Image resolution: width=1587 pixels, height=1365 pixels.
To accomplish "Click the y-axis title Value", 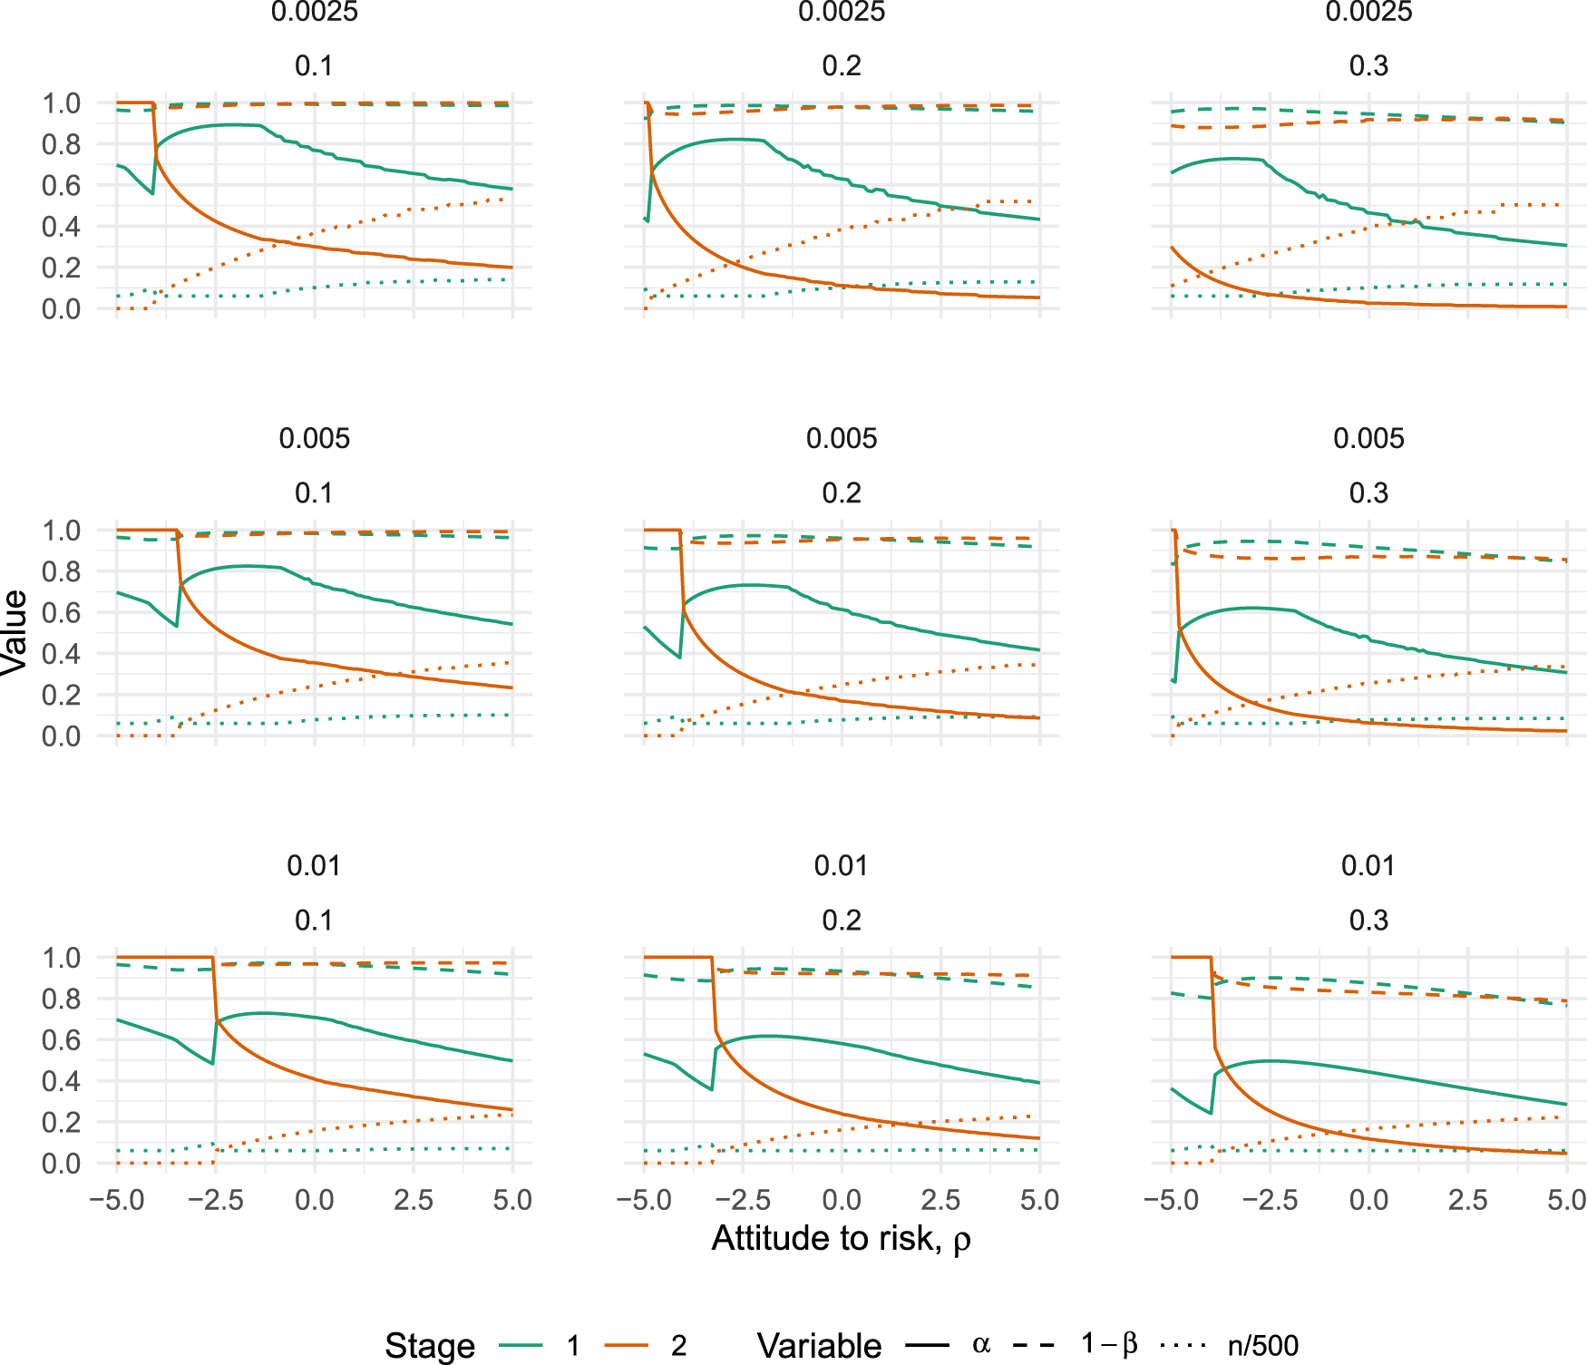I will pos(15,632).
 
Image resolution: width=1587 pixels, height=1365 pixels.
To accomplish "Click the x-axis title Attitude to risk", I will pos(841,1239).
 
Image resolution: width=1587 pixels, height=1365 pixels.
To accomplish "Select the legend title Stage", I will pos(430,1346).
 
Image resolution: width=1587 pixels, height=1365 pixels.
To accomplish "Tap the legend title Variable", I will pos(819,1346).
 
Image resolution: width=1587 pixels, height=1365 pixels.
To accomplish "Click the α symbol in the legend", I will pos(980,1344).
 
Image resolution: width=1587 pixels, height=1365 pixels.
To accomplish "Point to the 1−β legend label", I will pos(1108,1344).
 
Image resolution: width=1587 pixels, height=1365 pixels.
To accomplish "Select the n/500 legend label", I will pos(1263,1346).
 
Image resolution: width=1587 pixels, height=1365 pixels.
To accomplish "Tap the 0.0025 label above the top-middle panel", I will pos(842,12).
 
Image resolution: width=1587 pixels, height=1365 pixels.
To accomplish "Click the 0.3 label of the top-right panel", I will pos(1368,66).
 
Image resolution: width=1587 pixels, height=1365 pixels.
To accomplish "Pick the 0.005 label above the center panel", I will pos(842,439).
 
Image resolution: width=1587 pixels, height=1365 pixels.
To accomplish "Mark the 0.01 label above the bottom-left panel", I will pos(314,866).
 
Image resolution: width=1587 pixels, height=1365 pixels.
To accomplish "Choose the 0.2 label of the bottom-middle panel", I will pos(842,921).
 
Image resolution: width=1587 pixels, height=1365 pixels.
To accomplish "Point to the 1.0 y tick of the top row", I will pos(62,103).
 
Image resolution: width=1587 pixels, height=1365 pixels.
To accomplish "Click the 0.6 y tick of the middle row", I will pos(62,613).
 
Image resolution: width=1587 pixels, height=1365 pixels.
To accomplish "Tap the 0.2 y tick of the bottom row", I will pos(62,1123).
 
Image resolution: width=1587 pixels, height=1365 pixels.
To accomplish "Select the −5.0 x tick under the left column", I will pos(116,1201).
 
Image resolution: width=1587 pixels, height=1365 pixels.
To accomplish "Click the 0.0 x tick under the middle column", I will pos(842,1201).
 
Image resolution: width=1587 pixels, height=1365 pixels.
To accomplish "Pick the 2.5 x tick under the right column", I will pos(1468,1201).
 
